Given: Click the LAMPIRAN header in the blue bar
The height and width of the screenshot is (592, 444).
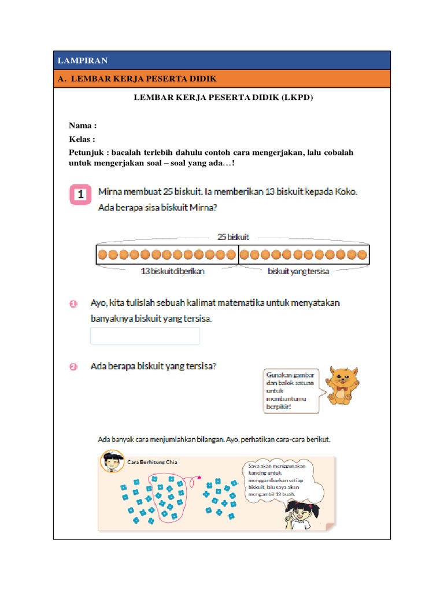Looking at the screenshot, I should pos(83,61).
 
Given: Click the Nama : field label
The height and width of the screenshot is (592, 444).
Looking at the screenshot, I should pos(83,126).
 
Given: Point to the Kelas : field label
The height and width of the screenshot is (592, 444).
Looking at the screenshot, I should pos(82,139).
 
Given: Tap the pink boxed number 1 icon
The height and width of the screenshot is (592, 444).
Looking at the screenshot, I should pos(81,194).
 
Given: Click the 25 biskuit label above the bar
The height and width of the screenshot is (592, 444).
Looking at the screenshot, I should pos(233,236).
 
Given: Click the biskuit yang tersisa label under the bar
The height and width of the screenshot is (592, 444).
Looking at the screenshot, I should pos(298,271).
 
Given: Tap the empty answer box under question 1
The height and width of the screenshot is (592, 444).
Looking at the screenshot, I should pos(145,336).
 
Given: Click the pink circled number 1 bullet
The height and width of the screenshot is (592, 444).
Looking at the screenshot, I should pos(74,304).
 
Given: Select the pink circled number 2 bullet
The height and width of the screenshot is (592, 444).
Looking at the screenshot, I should pos(74,367).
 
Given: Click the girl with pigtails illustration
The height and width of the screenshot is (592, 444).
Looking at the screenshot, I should pos(301,511).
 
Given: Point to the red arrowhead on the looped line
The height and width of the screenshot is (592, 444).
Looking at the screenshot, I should pos(199,478).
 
